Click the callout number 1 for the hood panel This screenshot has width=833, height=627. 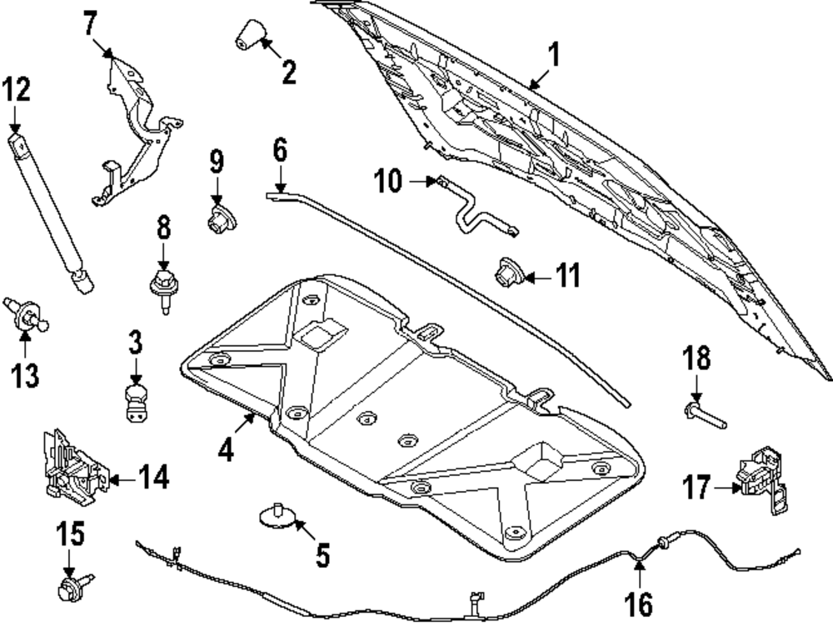[x=554, y=57]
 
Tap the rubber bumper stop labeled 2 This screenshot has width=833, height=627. [x=247, y=36]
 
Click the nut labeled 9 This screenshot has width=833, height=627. [x=220, y=219]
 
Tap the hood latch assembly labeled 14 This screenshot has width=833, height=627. [x=70, y=469]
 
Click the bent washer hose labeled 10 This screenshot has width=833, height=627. [x=471, y=208]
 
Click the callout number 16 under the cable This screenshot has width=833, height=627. [x=639, y=603]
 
